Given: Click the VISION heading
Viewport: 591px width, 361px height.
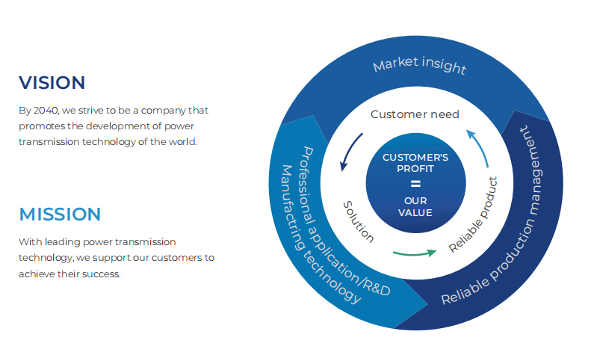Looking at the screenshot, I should point(52,83).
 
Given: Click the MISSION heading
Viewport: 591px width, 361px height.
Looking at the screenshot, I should point(60,215).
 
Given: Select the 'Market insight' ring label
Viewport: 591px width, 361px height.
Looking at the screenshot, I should point(419,66).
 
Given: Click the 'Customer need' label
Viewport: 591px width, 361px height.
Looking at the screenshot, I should point(415,114).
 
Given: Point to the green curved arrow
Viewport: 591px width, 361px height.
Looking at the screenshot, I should point(414,253).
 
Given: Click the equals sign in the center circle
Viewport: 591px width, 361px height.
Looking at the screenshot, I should point(415,184).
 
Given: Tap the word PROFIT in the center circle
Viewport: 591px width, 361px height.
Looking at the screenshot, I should point(415,169).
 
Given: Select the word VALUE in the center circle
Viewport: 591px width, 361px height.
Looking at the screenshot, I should point(415,212).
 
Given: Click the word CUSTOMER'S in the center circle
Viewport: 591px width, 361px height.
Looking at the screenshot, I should point(415,158).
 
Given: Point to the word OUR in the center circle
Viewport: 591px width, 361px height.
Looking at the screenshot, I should point(415,200).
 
